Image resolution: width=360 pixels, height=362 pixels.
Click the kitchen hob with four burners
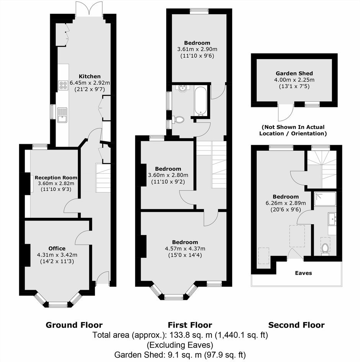[x=63, y=85]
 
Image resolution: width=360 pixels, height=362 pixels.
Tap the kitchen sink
[x=62, y=115]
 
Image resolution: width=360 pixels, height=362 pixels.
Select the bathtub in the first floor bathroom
[x=200, y=101]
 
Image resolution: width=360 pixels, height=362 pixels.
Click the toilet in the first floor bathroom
[x=179, y=120]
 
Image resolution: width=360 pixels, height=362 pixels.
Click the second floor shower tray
[x=325, y=199]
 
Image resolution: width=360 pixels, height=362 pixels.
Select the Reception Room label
[x=56, y=178]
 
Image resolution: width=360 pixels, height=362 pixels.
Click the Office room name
[x=57, y=248]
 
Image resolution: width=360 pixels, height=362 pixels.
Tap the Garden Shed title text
[x=294, y=73]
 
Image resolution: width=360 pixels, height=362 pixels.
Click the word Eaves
[x=303, y=273]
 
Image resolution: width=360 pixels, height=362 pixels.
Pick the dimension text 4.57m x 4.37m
[x=185, y=248]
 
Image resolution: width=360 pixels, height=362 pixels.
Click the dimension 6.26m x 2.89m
[x=286, y=203]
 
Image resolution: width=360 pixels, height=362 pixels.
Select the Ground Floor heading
[x=74, y=325]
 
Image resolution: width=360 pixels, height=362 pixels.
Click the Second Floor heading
[x=296, y=325]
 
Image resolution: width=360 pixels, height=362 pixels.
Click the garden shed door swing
[x=285, y=112]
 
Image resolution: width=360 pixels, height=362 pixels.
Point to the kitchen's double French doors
[x=89, y=9]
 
